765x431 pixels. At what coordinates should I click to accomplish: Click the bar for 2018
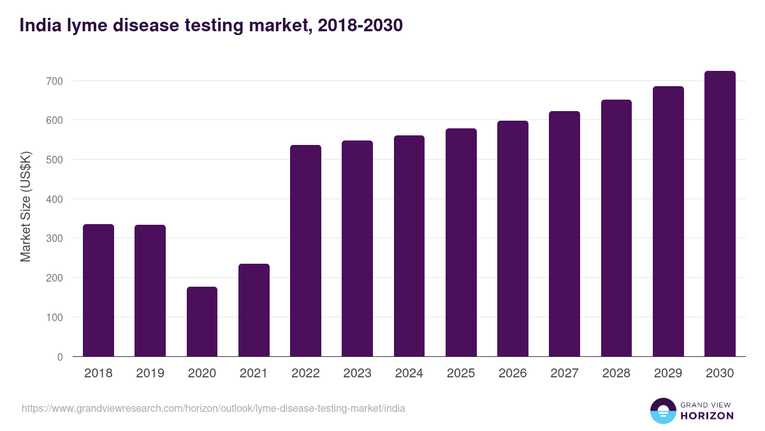(x=98, y=291)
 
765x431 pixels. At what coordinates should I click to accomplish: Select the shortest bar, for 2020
(x=202, y=322)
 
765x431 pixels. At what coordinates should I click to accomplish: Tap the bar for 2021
(x=254, y=310)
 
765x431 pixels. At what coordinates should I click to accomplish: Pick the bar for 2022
(x=305, y=251)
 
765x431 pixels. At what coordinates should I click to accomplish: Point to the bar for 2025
(x=461, y=243)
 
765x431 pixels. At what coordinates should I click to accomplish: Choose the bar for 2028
(x=616, y=228)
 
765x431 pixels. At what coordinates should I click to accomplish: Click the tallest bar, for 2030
(x=720, y=214)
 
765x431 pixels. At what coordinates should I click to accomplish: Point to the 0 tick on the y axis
(x=60, y=357)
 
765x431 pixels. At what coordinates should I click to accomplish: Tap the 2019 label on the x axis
(x=150, y=374)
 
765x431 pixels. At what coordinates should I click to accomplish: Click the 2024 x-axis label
(x=409, y=374)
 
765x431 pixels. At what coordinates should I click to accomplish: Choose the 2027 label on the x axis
(x=564, y=374)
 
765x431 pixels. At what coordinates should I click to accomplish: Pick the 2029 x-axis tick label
(x=668, y=374)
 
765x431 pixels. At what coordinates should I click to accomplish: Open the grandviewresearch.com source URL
(x=214, y=408)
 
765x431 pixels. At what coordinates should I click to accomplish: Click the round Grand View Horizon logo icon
(x=662, y=411)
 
